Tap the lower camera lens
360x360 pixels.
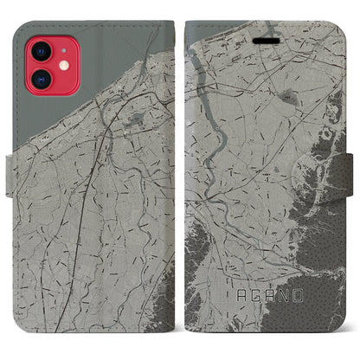pyautogui.click(x=40, y=78)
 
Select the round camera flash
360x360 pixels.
pyautogui.click(x=61, y=64)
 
